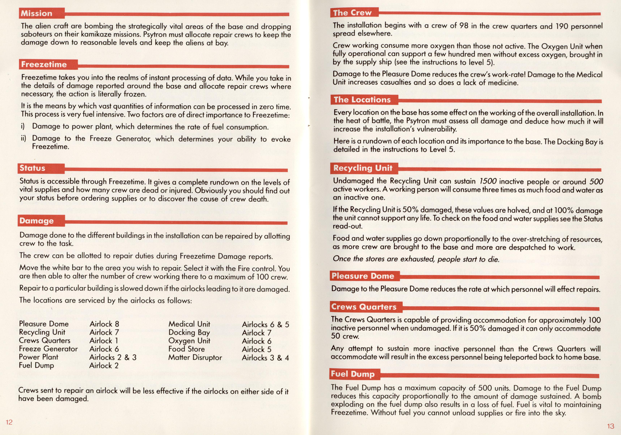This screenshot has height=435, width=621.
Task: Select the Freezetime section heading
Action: click(x=44, y=64)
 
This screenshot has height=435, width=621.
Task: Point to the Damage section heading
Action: click(x=37, y=221)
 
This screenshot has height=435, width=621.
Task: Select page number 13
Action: click(x=611, y=426)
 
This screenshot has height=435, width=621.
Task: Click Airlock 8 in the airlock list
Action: click(x=104, y=324)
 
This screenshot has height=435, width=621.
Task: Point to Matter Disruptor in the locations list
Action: click(x=195, y=357)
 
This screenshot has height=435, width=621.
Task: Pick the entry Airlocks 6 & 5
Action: click(x=265, y=324)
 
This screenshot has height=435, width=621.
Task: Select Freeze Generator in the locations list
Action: click(x=48, y=349)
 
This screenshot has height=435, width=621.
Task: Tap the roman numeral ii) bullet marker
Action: click(x=23, y=139)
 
